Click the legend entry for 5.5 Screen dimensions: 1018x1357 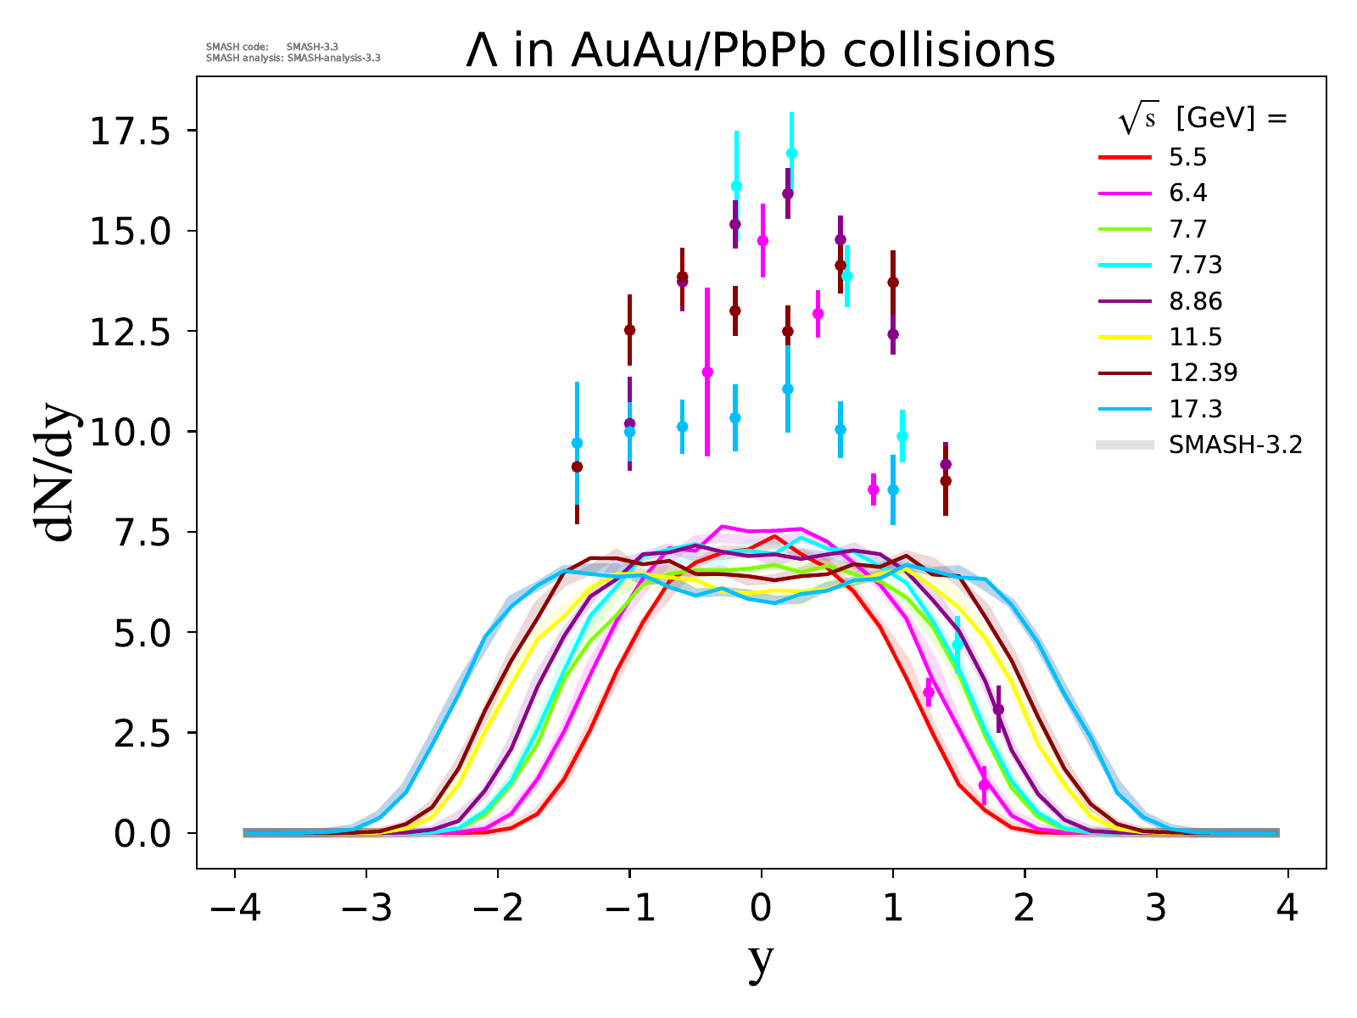pyautogui.click(x=1187, y=158)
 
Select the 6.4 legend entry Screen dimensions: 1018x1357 pyautogui.click(x=1187, y=193)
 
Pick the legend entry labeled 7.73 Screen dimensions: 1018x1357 pyautogui.click(x=1195, y=266)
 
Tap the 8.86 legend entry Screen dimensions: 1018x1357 pyautogui.click(x=1195, y=301)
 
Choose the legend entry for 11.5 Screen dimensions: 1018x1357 pyautogui.click(x=1195, y=337)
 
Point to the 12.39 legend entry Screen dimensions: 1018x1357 pyautogui.click(x=1203, y=372)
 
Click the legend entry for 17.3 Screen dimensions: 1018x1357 pyautogui.click(x=1195, y=409)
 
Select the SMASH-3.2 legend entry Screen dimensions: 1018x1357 pyautogui.click(x=1234, y=445)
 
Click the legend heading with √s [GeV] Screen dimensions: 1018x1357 pyautogui.click(x=1203, y=120)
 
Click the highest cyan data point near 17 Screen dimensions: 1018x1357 pyautogui.click(x=791, y=153)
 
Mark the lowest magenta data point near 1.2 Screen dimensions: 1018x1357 pyautogui.click(x=984, y=786)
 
